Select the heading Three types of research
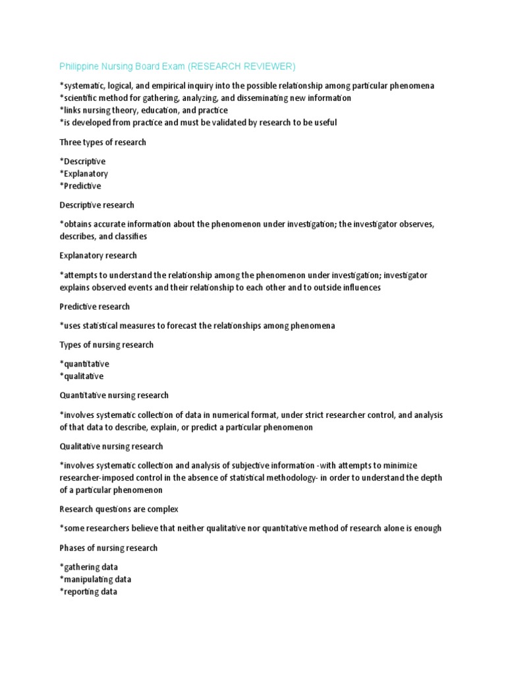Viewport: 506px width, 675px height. coord(103,142)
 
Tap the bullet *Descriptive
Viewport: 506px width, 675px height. coord(82,161)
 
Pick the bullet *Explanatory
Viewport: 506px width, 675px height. coord(84,174)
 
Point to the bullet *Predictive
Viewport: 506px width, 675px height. coord(80,187)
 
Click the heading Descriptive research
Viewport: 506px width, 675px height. coord(97,206)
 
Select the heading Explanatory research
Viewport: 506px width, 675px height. coord(98,256)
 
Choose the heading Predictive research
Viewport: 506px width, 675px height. coord(95,307)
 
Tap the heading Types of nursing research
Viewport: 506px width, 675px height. coord(106,345)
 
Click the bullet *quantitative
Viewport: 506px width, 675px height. coord(84,364)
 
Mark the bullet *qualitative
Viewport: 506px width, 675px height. coord(82,376)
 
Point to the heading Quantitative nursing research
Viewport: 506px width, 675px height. coord(114,396)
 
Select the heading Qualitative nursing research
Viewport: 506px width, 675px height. coord(111,446)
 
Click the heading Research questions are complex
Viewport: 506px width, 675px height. coord(119,510)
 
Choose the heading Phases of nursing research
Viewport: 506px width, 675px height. coord(109,548)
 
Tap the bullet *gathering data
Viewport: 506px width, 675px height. coord(89,567)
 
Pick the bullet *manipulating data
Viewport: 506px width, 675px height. coord(96,579)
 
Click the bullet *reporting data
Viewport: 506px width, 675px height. coord(88,592)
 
